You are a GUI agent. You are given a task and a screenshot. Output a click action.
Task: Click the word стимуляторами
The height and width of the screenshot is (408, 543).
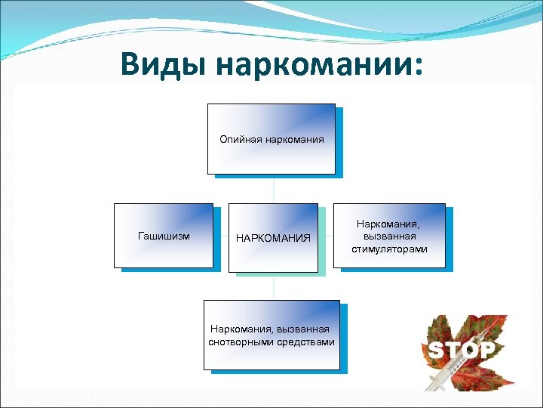click(x=389, y=249)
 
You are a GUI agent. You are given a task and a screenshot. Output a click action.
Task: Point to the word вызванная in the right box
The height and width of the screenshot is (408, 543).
click(x=389, y=236)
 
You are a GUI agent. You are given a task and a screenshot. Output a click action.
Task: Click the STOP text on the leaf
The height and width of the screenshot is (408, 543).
click(x=462, y=349)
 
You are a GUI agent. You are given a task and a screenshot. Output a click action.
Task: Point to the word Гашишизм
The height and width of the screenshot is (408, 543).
click(x=163, y=236)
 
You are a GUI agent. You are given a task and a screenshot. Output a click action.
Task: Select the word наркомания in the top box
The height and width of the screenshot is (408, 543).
click(x=293, y=139)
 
